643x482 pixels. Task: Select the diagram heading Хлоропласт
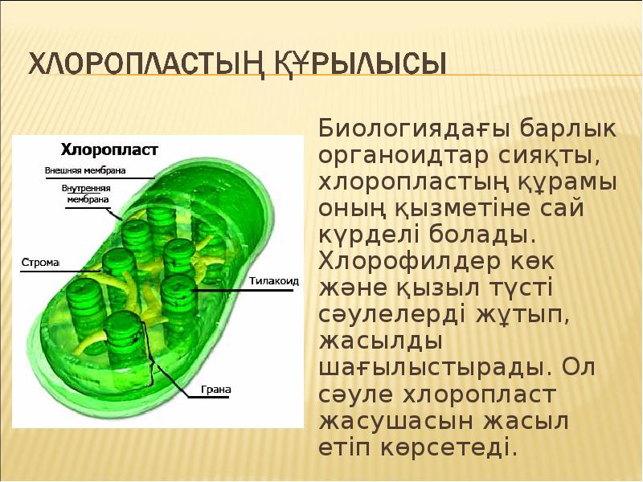(110, 149)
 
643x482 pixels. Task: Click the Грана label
(216, 390)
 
